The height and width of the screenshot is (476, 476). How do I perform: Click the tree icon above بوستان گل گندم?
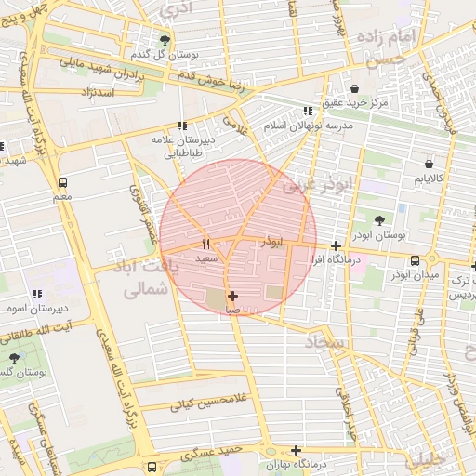tap(165, 40)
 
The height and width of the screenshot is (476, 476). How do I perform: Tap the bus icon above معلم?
tap(62, 182)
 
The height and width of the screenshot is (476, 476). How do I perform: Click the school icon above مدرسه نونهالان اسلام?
tap(308, 111)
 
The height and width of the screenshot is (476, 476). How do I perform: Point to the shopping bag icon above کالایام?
tap(428, 164)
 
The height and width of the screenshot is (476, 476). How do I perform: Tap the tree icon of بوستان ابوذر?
tap(379, 220)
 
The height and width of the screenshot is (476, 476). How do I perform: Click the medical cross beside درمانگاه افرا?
tap(336, 245)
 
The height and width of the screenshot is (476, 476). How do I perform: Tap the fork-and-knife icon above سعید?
tap(205, 244)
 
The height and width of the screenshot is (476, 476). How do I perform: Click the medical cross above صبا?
tap(232, 296)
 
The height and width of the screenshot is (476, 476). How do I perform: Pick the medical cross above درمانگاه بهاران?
tap(296, 450)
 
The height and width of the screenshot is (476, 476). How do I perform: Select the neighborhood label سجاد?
tap(324, 343)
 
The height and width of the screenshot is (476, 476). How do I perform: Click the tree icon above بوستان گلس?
tap(13, 357)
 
